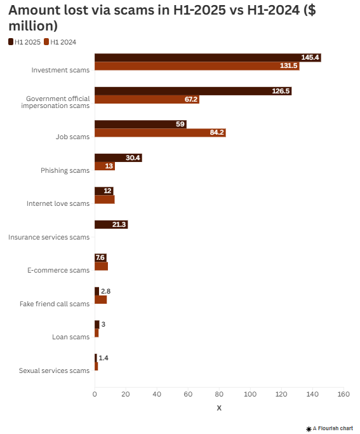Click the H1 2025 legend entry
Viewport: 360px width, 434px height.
click(x=25, y=41)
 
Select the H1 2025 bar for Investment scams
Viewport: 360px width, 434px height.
click(x=207, y=57)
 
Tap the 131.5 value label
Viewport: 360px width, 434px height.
click(x=288, y=66)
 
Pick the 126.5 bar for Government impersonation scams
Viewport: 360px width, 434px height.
click(x=192, y=91)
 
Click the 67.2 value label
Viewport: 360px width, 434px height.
click(x=190, y=99)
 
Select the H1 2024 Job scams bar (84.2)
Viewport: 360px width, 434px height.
click(x=159, y=133)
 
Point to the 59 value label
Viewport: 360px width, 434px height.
click(x=180, y=124)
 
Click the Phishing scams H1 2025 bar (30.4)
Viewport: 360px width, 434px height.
click(x=117, y=158)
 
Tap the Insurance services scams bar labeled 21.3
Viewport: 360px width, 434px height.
click(x=110, y=224)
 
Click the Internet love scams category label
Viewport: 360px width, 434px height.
click(x=58, y=203)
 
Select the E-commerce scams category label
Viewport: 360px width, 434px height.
click(x=58, y=270)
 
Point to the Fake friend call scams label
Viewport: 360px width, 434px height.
click(x=55, y=304)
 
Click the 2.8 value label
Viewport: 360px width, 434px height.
click(x=105, y=291)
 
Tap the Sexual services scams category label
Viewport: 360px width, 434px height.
click(x=54, y=370)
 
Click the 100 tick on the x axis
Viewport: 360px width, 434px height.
click(x=250, y=395)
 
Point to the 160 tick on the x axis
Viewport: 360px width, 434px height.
click(x=343, y=395)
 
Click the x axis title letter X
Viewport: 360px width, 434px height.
click(x=219, y=408)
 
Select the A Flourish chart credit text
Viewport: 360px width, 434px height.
click(x=333, y=428)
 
